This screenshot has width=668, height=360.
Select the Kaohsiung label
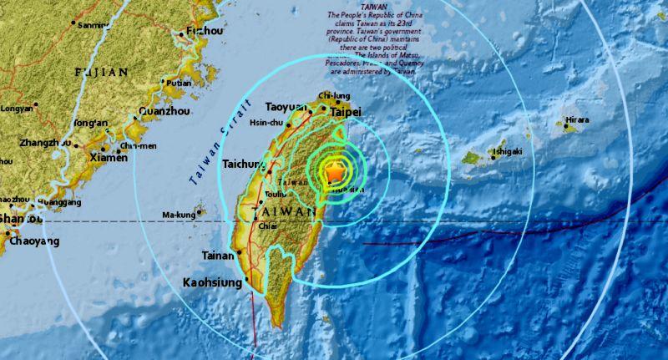[212, 283]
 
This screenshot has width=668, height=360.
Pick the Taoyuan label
[288, 108]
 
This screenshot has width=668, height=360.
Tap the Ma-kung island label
[177, 215]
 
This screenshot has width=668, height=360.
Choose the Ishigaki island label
[507, 151]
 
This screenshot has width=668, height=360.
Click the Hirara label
[575, 119]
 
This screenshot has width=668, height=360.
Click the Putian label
[179, 83]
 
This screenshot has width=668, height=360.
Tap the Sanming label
[93, 25]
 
